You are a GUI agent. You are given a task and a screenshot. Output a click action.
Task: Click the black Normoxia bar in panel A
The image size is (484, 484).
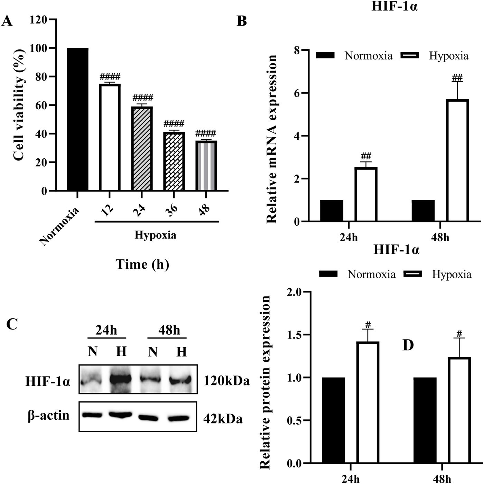click(77, 119)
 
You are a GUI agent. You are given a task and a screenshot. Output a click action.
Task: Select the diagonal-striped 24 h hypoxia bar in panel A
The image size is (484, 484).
click(142, 149)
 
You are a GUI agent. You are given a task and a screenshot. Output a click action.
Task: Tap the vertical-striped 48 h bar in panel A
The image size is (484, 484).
click(206, 166)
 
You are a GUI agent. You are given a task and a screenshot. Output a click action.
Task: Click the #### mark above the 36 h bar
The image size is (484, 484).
click(174, 124)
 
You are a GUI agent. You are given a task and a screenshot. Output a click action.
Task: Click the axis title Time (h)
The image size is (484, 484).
click(142, 264)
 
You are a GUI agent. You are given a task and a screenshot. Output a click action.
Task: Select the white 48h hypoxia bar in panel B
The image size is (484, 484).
click(457, 160)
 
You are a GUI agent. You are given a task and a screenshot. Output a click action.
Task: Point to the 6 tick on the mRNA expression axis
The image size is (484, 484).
click(296, 93)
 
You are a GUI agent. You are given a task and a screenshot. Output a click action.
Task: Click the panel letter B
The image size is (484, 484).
click(242, 21)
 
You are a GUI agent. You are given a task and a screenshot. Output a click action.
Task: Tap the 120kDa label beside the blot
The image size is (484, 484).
click(226, 381)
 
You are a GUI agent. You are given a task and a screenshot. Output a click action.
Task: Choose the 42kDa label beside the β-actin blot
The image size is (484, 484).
click(223, 419)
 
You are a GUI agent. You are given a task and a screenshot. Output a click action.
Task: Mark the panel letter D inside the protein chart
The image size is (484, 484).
click(408, 345)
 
